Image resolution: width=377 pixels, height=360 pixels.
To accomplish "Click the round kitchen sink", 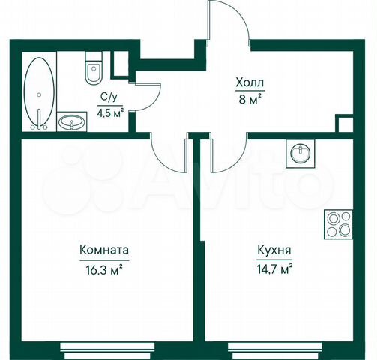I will (x=300, y=153).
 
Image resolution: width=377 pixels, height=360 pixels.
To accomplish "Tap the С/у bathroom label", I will (x=108, y=97).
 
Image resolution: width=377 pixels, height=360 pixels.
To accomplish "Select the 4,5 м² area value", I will (x=109, y=114).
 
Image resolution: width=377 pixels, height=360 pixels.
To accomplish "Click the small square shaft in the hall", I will (x=344, y=124).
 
